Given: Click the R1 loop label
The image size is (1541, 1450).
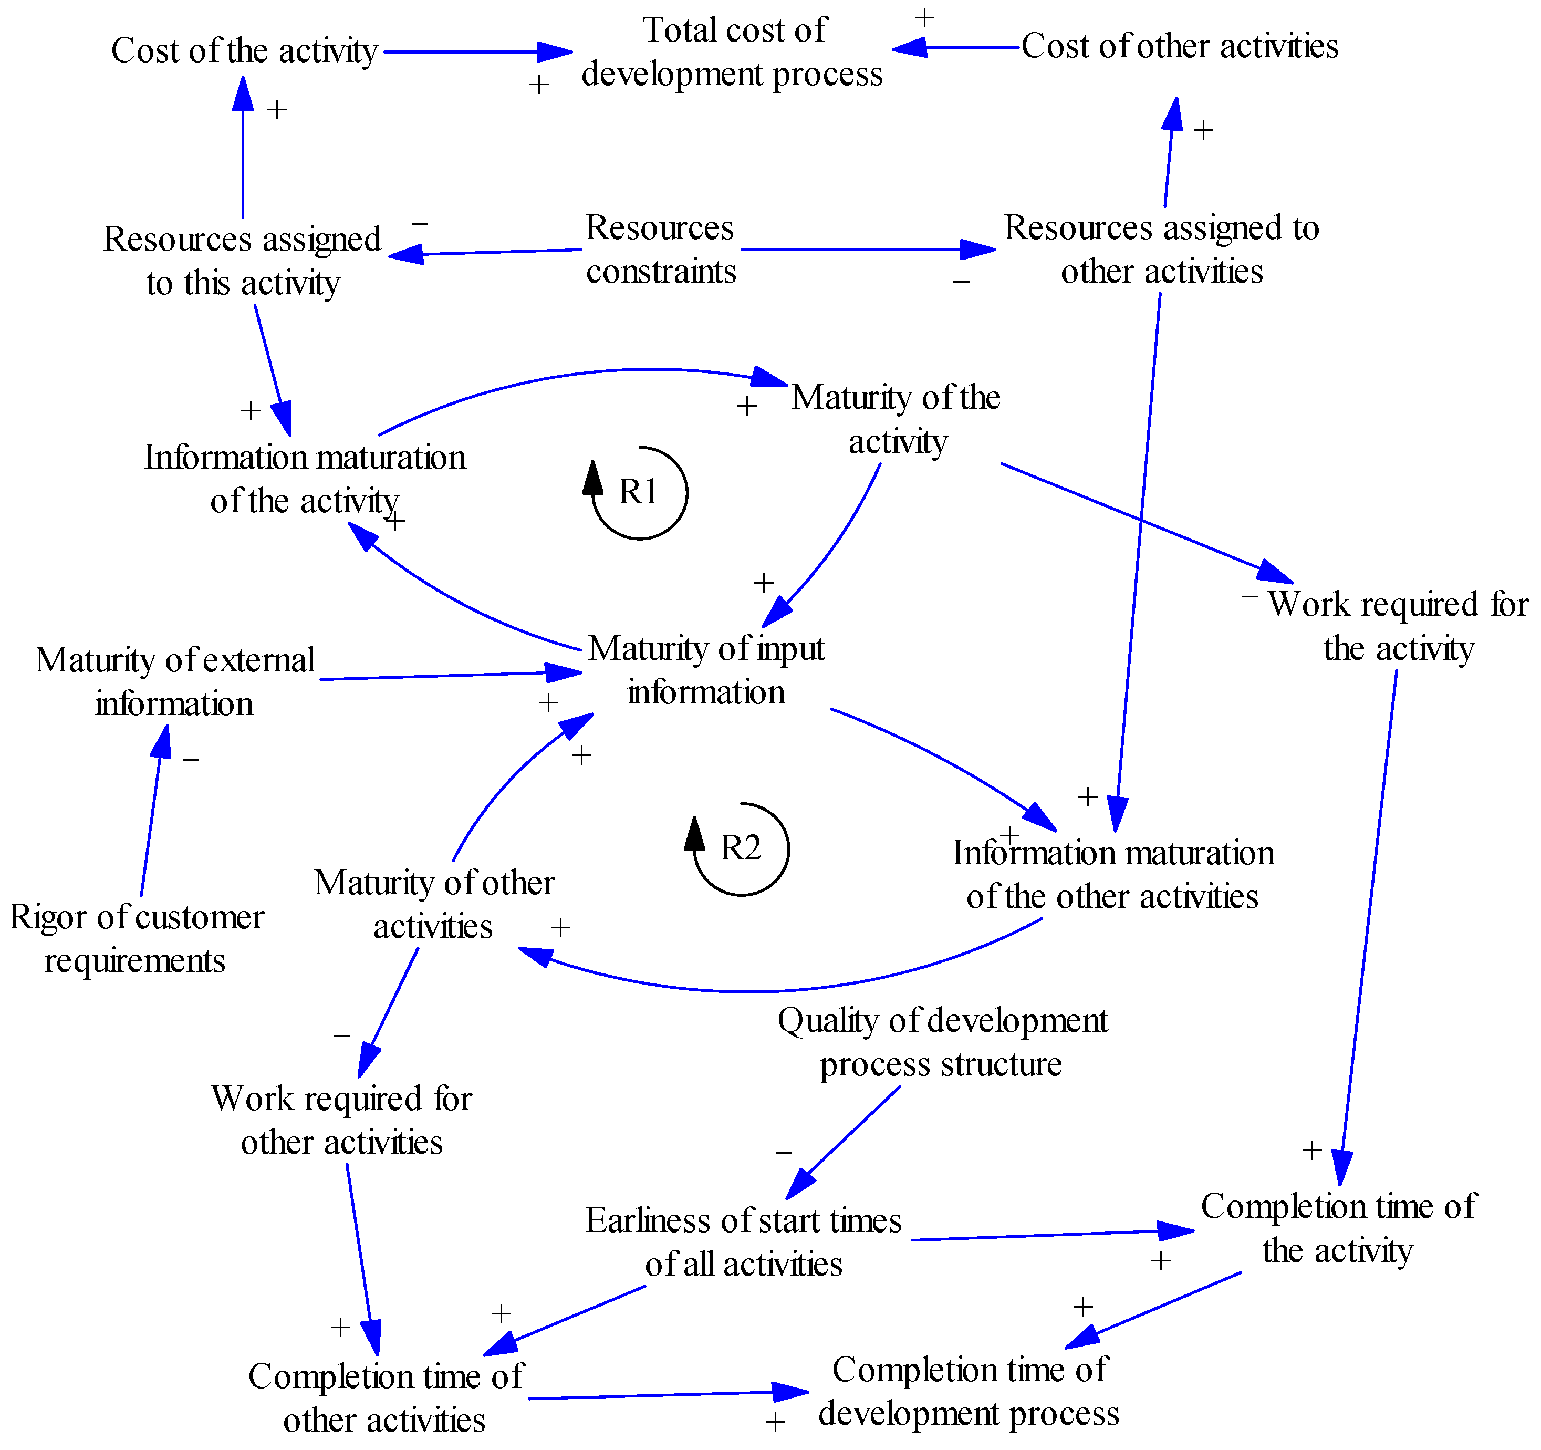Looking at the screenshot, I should pos(638,492).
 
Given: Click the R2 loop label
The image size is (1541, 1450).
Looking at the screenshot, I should pos(740,848).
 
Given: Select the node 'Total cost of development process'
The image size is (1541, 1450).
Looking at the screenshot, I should pos(733,52).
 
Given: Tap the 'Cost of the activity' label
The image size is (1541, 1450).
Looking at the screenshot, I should pos(244,51).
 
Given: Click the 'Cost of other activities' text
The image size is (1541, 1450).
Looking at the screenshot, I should pos(1179,47).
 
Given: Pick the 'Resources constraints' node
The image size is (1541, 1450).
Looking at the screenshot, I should pos(660,250).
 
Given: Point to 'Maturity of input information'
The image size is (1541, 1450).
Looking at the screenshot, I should pos(706,670).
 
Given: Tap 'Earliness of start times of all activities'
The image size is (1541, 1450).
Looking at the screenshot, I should pos(743,1242).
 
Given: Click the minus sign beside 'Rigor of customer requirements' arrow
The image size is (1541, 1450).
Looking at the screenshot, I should pos(191,760).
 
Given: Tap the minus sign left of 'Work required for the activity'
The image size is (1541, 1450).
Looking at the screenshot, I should pos(1249,596).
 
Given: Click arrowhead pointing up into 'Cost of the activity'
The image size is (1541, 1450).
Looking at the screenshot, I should pos(243,93).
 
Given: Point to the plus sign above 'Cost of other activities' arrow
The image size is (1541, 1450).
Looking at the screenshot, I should pos(924,17).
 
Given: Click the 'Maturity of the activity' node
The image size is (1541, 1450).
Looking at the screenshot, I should pos(897,419).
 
